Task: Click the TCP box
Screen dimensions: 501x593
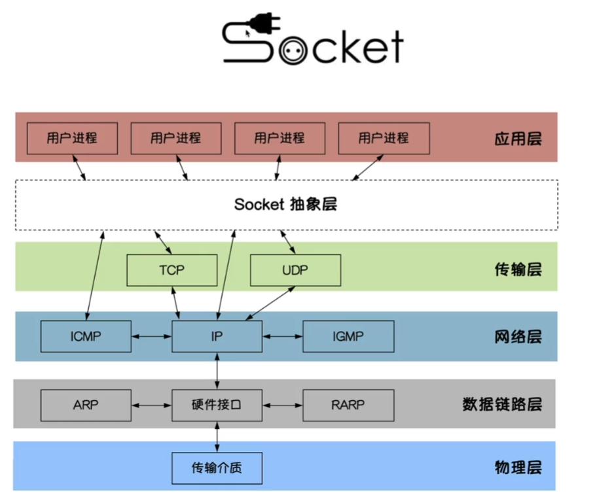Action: click(x=171, y=270)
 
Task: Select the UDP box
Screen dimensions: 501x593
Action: click(x=295, y=270)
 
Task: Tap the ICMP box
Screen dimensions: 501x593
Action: click(x=86, y=337)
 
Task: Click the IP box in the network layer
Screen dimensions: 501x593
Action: click(x=217, y=337)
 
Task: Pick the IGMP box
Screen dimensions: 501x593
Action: click(x=348, y=337)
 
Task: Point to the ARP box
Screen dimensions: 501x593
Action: click(x=86, y=405)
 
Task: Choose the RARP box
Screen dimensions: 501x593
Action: click(x=348, y=405)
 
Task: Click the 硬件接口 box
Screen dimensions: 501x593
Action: click(x=217, y=405)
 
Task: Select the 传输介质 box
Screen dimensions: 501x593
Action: click(x=217, y=468)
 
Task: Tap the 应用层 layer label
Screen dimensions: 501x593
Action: click(x=518, y=139)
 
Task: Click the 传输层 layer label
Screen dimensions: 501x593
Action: click(x=518, y=269)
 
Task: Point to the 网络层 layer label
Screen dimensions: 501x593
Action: click(x=518, y=337)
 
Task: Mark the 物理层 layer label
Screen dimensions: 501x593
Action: click(x=518, y=468)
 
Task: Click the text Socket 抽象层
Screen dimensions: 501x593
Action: click(x=285, y=205)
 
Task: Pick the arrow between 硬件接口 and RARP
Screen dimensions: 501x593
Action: click(x=283, y=406)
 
